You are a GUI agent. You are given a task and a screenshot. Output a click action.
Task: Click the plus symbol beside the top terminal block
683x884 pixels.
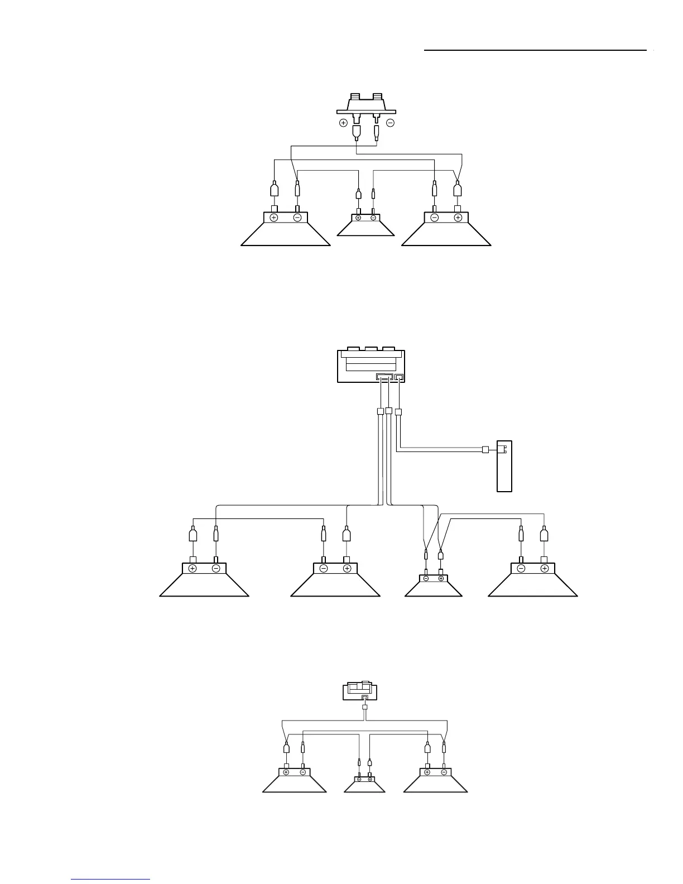point(343,123)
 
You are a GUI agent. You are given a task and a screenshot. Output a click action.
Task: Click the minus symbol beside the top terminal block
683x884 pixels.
point(390,123)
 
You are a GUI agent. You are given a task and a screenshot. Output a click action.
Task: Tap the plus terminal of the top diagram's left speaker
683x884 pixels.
point(274,218)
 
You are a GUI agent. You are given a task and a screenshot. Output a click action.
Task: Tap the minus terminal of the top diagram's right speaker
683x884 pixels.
point(435,218)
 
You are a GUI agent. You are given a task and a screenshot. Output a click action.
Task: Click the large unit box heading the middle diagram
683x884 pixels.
point(371,366)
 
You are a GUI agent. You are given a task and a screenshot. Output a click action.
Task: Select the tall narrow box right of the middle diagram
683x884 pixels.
point(504,467)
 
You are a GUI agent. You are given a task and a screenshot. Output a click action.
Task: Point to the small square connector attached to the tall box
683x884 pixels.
point(485,450)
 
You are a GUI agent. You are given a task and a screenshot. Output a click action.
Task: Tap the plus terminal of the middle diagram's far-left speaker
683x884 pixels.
point(193,569)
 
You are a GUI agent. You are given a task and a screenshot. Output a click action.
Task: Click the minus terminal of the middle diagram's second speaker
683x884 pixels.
point(324,569)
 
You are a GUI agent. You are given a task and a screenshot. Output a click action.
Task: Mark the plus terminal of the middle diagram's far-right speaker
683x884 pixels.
point(545,569)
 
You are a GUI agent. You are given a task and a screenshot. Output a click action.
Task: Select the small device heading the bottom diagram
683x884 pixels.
point(359,691)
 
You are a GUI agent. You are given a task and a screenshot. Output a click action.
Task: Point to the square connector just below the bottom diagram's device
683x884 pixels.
point(364,708)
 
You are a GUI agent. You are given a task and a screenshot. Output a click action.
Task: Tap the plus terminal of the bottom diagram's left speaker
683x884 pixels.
point(286,772)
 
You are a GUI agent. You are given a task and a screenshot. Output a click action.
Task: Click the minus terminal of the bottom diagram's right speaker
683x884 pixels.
point(444,772)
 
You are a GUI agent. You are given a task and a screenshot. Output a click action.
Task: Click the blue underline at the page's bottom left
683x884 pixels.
point(111,880)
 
